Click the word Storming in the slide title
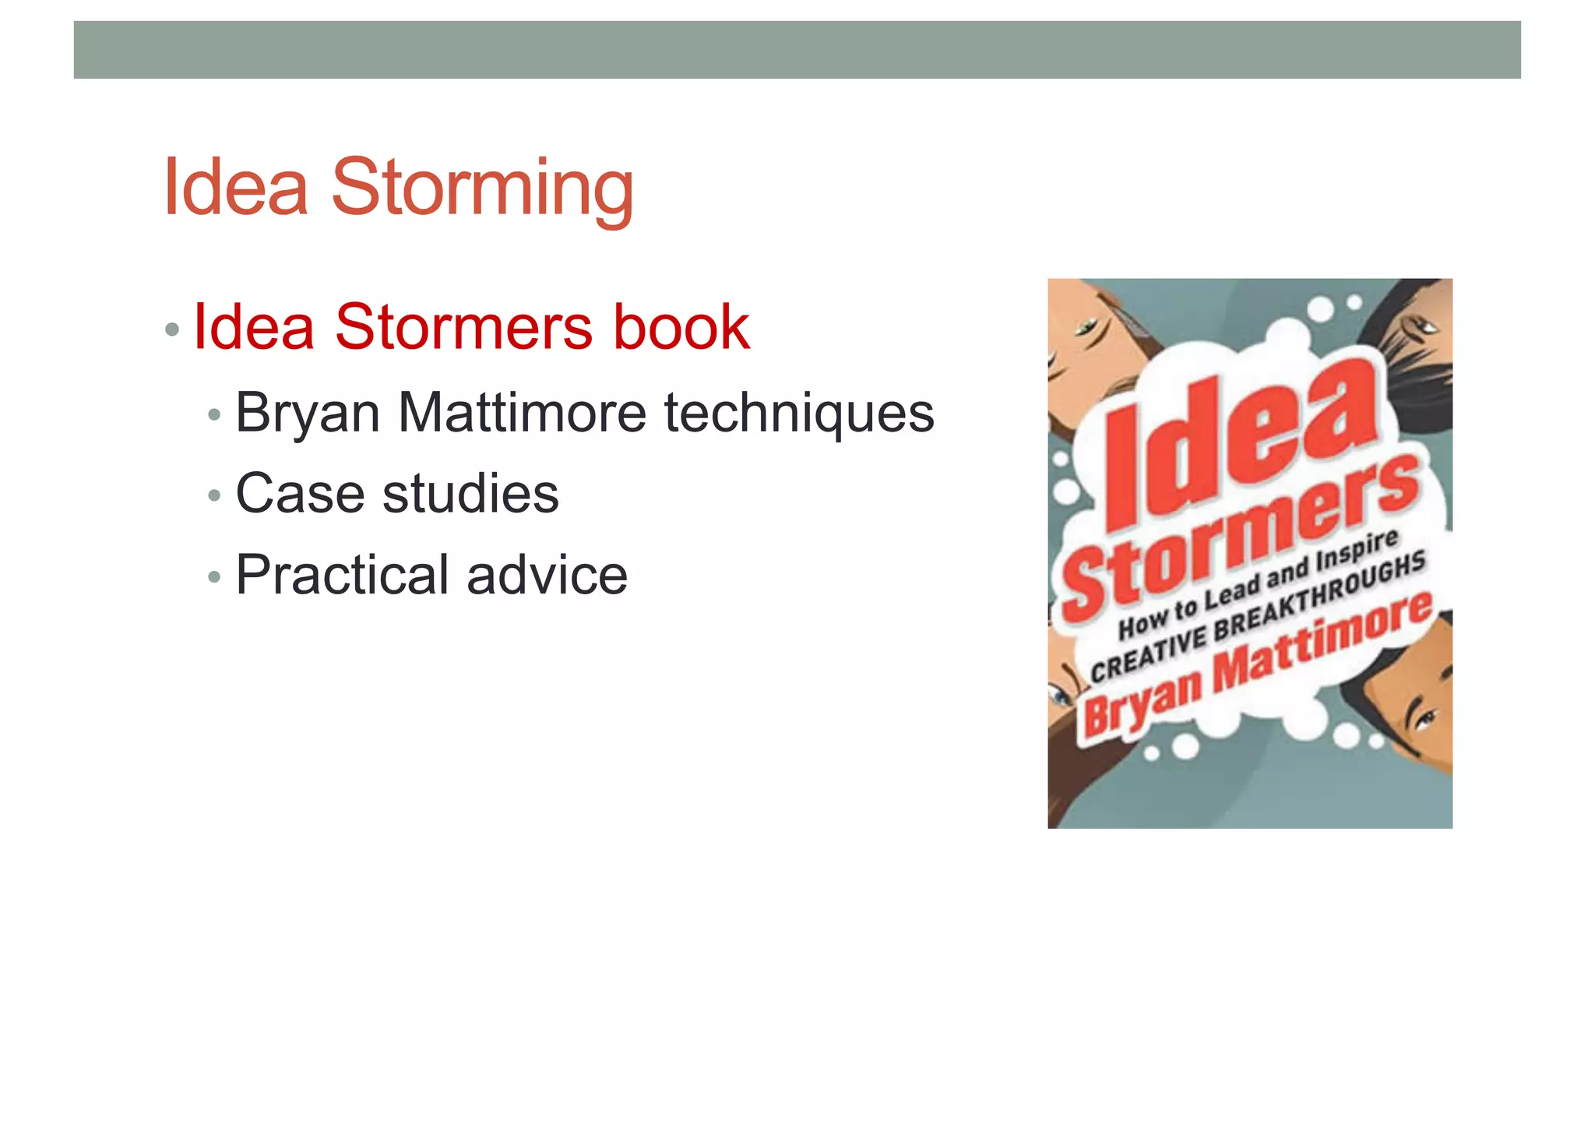[482, 188]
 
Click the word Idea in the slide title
[236, 188]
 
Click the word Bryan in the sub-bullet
[308, 413]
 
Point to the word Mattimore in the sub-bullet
[522, 413]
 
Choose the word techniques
[798, 413]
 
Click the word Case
[300, 494]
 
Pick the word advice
[547, 575]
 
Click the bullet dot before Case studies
[215, 496]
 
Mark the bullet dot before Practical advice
[215, 577]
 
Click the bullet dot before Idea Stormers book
[172, 329]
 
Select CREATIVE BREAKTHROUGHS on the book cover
[1258, 615]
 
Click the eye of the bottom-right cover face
[1424, 720]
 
